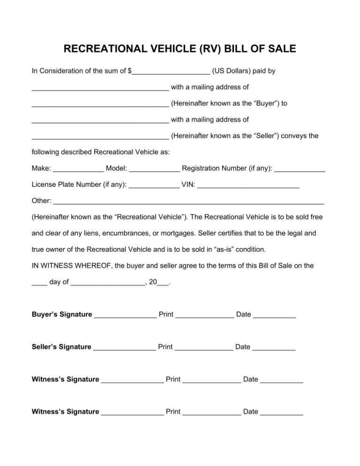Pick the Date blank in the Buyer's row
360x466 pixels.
click(x=274, y=316)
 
